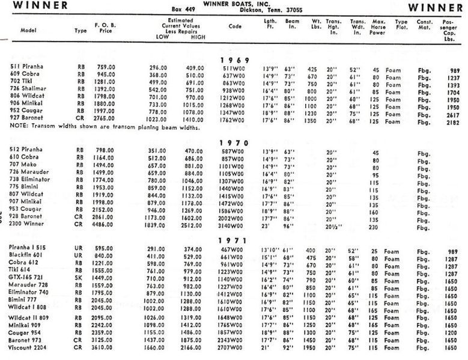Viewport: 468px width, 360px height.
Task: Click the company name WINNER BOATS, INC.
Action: [242, 4]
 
